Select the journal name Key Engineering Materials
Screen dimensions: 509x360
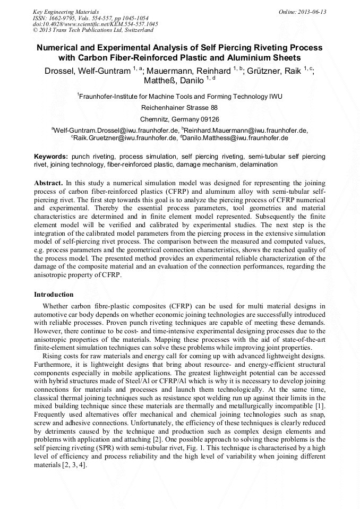click(66, 12)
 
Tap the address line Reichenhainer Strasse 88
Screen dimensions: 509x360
click(179, 108)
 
